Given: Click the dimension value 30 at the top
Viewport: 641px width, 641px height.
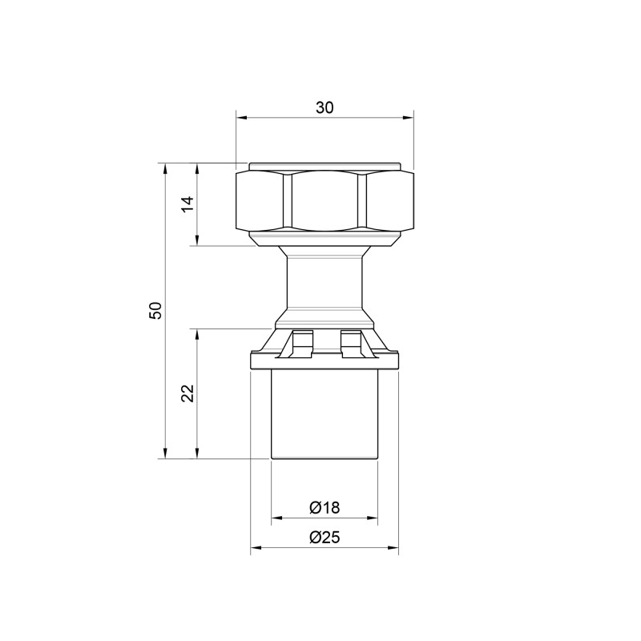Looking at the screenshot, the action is (325, 107).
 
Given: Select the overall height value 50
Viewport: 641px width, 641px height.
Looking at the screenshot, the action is (156, 310).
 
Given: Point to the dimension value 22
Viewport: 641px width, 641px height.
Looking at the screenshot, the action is (188, 393).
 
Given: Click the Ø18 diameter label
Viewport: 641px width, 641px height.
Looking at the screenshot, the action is (325, 507).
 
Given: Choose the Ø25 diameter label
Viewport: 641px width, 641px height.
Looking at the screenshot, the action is (325, 537).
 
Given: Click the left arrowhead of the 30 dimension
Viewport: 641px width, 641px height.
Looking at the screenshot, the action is (242, 118).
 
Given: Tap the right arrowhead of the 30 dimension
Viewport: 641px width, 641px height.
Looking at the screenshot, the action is (408, 118).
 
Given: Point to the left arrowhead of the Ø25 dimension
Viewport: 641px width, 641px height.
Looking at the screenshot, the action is (256, 547).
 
